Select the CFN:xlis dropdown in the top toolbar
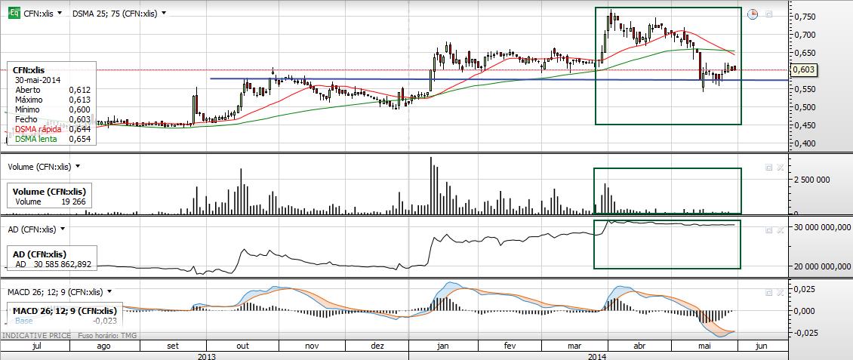43,14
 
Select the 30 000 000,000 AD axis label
820,226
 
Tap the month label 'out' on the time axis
243,345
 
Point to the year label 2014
597,355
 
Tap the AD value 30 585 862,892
64,264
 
